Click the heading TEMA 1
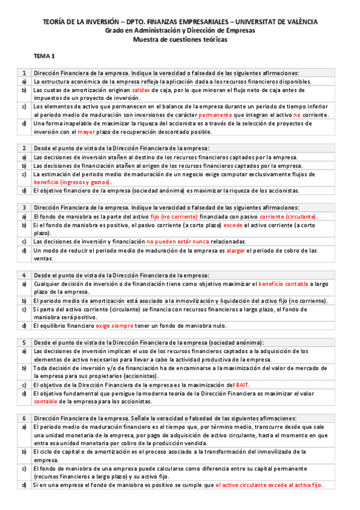(44, 56)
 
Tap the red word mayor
(87, 131)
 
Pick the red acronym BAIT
(243, 384)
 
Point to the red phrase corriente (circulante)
(288, 216)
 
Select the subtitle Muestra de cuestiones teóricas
(180, 39)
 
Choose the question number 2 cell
(24, 148)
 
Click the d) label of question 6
(24, 484)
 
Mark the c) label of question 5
(24, 384)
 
